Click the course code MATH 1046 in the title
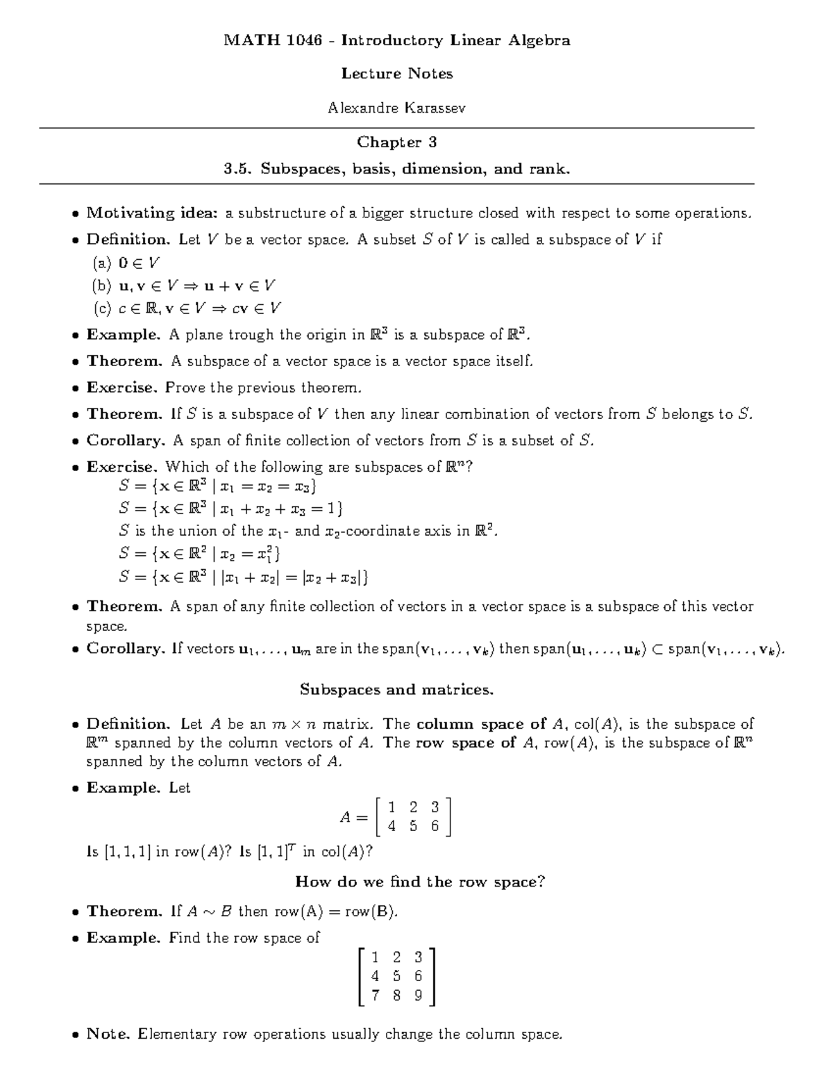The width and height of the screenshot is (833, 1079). tap(273, 40)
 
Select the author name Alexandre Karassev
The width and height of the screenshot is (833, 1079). tap(396, 108)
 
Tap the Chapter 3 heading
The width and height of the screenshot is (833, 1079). tap(396, 142)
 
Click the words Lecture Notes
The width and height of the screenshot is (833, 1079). tap(396, 74)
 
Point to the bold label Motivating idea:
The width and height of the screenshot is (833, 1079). tap(152, 213)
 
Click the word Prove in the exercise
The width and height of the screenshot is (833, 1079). tap(185, 388)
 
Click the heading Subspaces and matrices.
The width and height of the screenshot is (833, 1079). tap(396, 690)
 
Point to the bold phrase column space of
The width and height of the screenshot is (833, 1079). tap(481, 724)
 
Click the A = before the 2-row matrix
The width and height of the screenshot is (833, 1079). tap(353, 818)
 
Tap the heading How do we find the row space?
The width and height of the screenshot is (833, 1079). tap(420, 882)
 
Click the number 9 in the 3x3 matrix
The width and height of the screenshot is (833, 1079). tap(418, 995)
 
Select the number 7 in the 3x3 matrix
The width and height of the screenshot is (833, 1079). tap(375, 995)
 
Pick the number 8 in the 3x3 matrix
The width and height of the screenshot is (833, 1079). tap(396, 995)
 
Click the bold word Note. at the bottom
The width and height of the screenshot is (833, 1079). tap(109, 1034)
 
